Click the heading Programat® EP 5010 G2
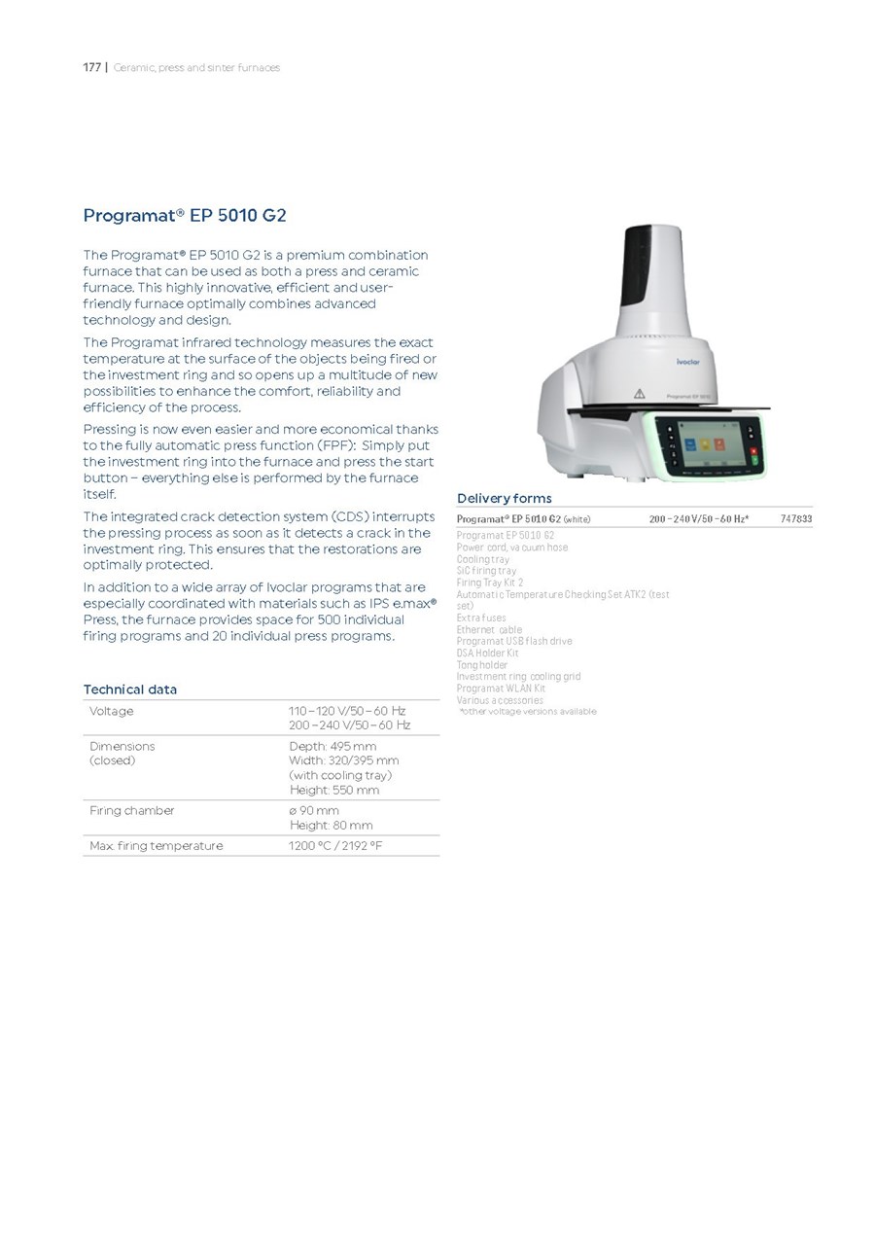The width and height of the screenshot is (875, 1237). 185,215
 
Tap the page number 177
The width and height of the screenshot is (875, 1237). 91,67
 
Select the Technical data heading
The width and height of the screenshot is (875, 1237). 130,689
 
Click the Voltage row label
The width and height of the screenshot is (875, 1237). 112,711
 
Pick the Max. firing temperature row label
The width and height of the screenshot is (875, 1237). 156,846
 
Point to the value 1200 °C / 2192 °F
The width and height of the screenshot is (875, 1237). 335,846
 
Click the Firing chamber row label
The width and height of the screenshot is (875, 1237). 132,810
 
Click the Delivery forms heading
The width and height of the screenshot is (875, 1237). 504,498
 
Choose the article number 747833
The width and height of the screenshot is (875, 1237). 795,519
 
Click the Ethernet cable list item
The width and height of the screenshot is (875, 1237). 489,630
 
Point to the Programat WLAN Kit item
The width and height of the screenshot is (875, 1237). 501,689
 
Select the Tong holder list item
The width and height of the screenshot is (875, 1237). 482,665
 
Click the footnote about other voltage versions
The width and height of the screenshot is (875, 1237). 528,712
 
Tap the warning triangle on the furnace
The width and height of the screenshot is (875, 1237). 640,393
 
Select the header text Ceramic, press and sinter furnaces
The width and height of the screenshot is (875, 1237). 196,67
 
